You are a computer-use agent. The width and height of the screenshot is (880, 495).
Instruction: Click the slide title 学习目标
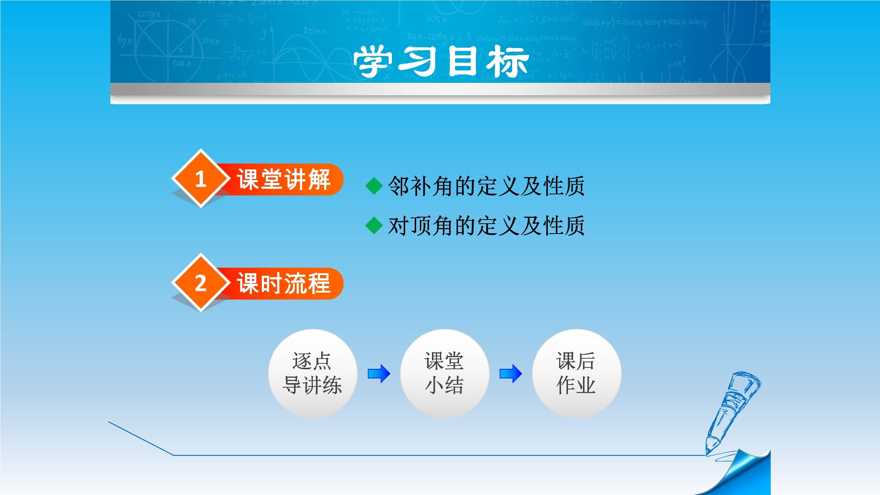coord(441,61)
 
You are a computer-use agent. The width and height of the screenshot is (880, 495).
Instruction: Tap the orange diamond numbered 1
coord(201,179)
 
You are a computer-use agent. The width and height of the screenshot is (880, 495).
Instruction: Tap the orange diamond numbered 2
coord(201,283)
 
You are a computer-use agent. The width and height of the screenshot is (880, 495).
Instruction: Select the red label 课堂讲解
coord(284,179)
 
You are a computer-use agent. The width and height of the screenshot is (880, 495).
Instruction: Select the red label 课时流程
coord(284,283)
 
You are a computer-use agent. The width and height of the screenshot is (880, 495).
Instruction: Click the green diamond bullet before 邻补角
coord(374,186)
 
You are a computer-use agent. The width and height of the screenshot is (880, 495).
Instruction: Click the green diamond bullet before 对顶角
coord(374,225)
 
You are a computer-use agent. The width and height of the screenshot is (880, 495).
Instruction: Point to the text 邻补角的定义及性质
coord(486,186)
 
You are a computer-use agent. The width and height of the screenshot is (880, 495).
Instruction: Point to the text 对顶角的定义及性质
coord(486,225)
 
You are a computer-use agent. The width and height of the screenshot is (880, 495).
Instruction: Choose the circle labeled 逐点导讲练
coord(312,373)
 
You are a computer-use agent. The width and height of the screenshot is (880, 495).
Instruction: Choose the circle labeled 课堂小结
coord(444,373)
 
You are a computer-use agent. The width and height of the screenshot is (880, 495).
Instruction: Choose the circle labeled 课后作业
coord(576,373)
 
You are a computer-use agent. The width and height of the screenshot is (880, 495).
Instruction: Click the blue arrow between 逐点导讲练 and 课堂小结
coord(379,374)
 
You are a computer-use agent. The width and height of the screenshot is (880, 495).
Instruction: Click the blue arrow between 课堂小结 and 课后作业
coord(511,374)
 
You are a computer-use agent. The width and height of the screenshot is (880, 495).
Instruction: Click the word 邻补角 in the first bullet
coord(421,186)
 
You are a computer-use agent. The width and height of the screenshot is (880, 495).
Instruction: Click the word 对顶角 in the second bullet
coord(421,225)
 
